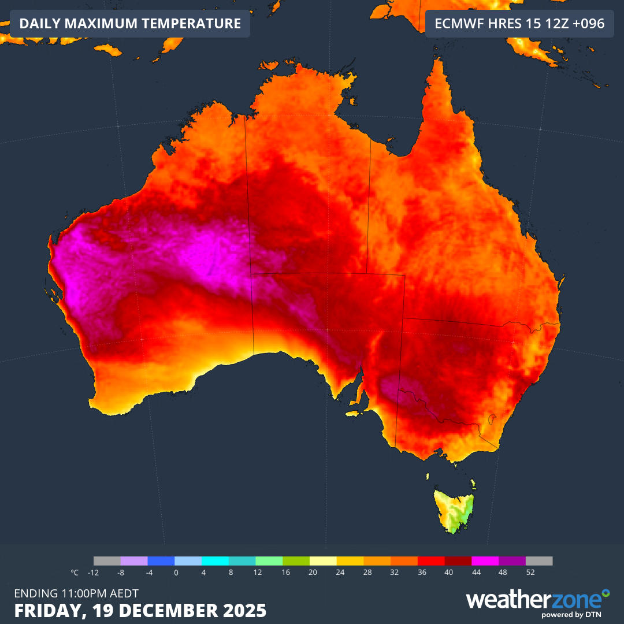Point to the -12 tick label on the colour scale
click(x=93, y=573)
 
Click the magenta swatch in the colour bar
click(x=485, y=561)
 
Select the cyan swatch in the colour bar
click(x=215, y=561)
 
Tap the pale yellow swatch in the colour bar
click(x=323, y=561)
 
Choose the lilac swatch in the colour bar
click(x=134, y=561)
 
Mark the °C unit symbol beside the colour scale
click(x=75, y=573)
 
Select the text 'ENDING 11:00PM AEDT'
click(x=76, y=593)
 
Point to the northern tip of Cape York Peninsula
click(x=437, y=61)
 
